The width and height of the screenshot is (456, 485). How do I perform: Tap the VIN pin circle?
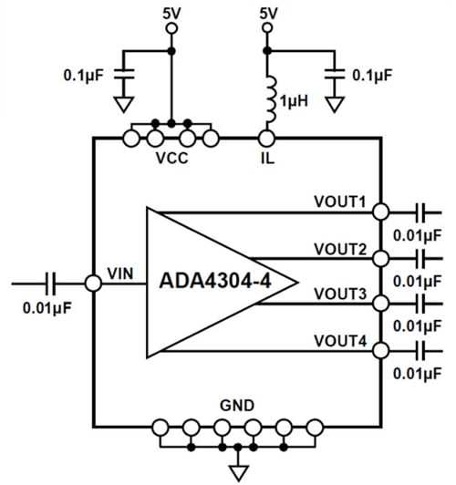tap(92, 284)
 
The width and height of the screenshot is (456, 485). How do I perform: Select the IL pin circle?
tap(266, 139)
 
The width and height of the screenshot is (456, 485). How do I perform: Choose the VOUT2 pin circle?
tap(380, 258)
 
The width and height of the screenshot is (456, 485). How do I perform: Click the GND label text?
tap(237, 405)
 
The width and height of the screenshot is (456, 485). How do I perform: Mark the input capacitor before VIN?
tap(51, 284)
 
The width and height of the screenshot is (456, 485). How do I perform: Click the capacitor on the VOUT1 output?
tap(420, 212)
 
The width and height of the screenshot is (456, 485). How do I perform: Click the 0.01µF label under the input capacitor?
tap(47, 306)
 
